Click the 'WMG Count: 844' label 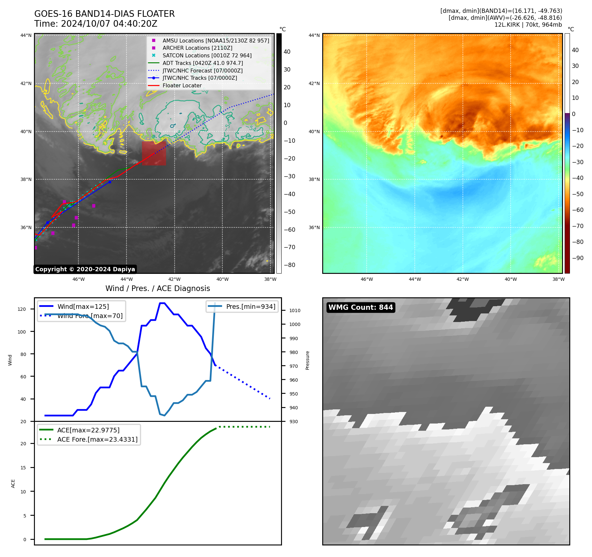tap(360, 308)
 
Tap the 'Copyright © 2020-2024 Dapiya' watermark tap(85, 269)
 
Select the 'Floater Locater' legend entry tap(182, 86)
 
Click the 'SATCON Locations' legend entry tap(207, 56)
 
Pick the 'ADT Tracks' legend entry tap(203, 63)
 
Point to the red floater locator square tap(154, 153)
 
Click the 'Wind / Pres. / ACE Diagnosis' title tap(157, 289)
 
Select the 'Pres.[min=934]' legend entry tap(250, 307)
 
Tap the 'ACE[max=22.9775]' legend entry tap(88, 430)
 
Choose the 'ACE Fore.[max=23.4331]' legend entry tap(97, 439)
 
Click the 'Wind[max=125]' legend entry tap(83, 307)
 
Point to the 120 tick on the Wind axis tap(22, 309)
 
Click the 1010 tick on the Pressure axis tap(295, 310)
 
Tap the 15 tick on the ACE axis tap(23, 468)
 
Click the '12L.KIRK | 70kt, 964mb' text tap(528, 25)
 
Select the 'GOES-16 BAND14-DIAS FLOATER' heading tap(104, 14)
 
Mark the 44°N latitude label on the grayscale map tap(26, 36)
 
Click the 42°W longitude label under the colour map tap(463, 279)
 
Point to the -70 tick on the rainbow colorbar tap(578, 226)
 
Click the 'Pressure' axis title tap(307, 360)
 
